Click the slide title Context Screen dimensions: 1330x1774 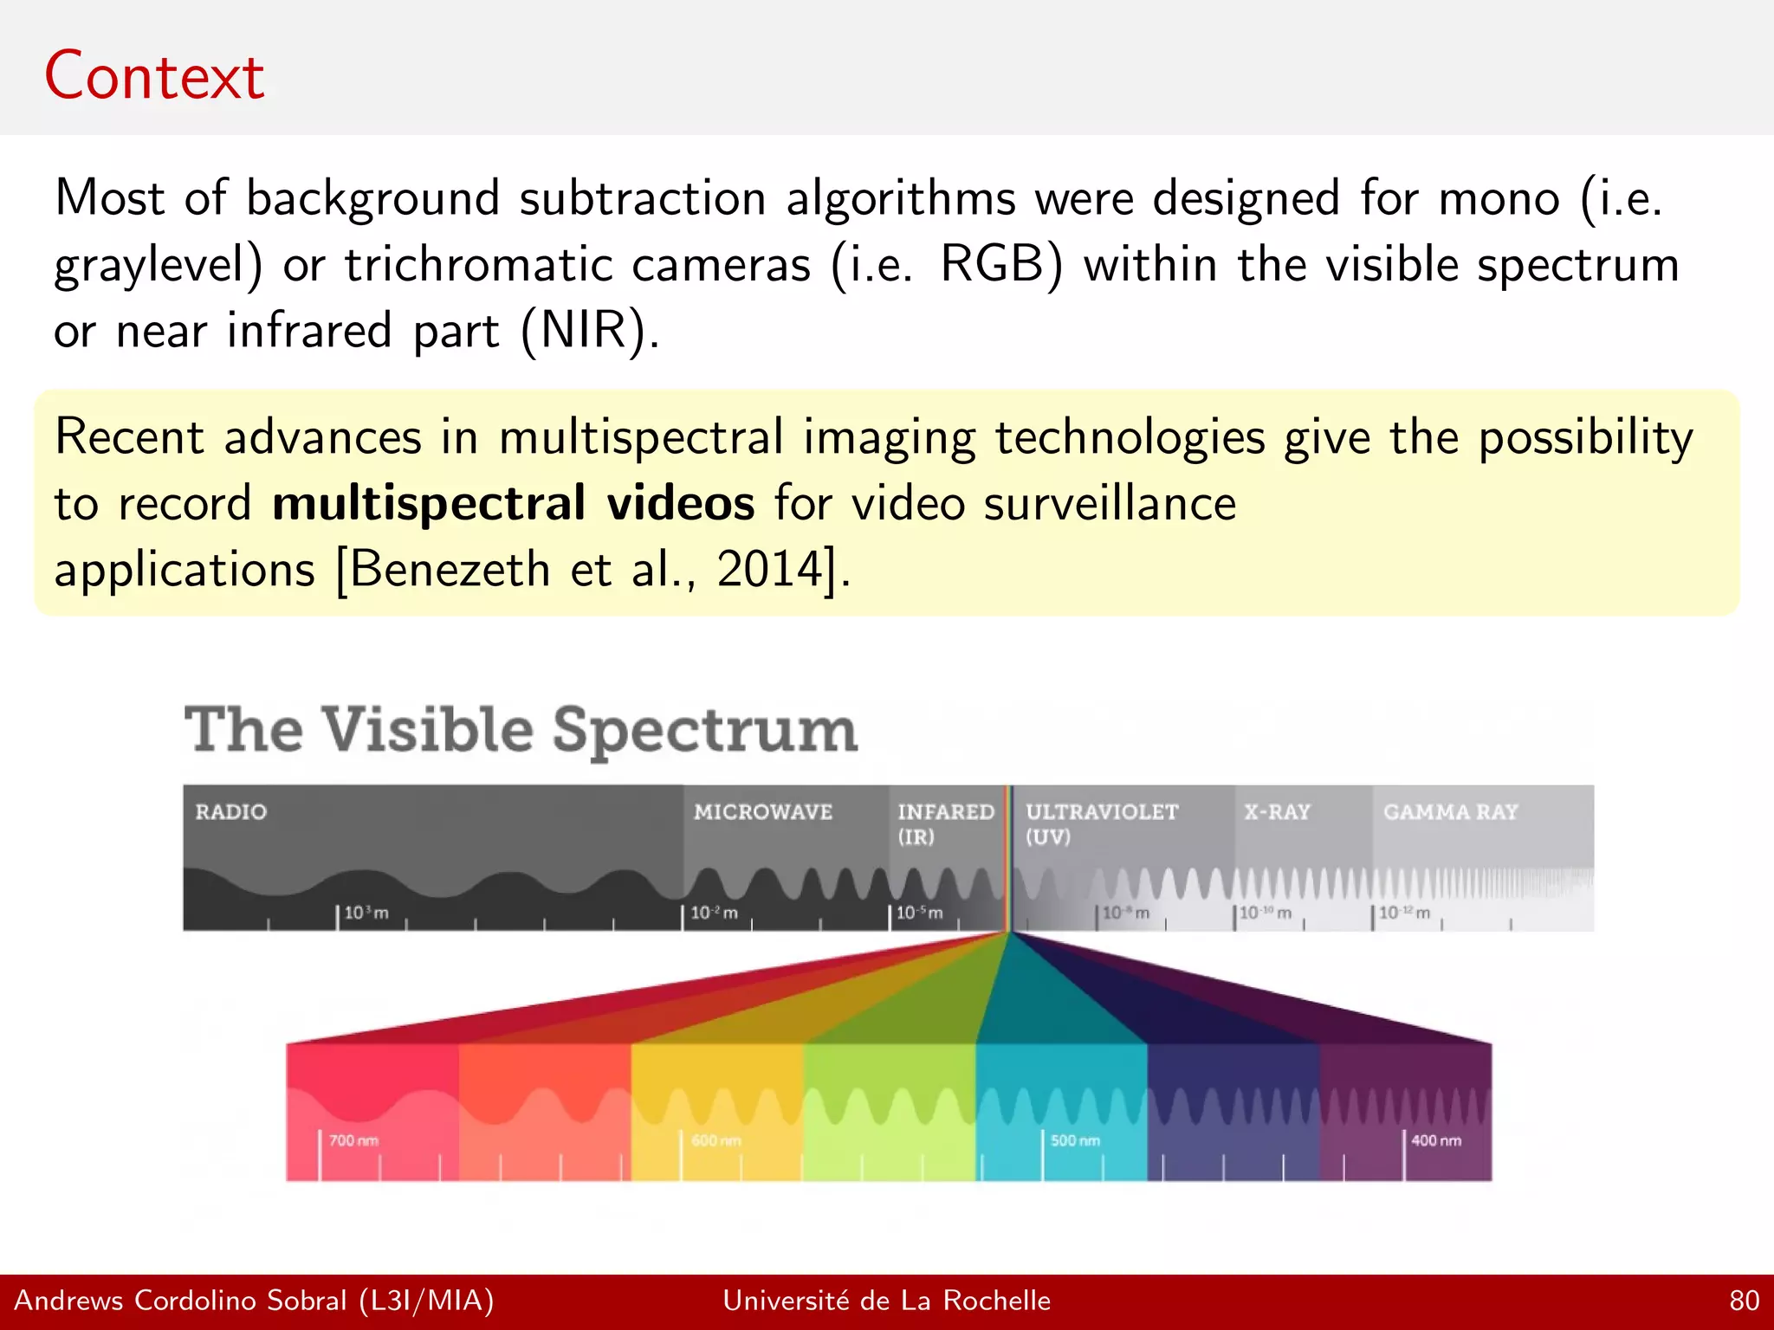(154, 76)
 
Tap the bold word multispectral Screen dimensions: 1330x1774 (429, 504)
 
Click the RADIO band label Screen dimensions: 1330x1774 (230, 812)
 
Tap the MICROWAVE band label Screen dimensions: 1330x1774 (762, 812)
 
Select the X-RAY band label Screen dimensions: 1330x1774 (1277, 812)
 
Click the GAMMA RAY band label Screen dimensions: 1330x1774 (1450, 812)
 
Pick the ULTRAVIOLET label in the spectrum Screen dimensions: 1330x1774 (1101, 812)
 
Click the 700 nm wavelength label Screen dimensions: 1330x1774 (353, 1140)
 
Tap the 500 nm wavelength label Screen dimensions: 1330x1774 (1075, 1140)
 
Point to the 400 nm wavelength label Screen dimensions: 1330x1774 (1435, 1140)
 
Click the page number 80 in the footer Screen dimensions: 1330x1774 (1744, 1301)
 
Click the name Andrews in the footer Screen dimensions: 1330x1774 (68, 1301)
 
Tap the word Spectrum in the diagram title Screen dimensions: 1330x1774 (704, 730)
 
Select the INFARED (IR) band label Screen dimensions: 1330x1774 (945, 823)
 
